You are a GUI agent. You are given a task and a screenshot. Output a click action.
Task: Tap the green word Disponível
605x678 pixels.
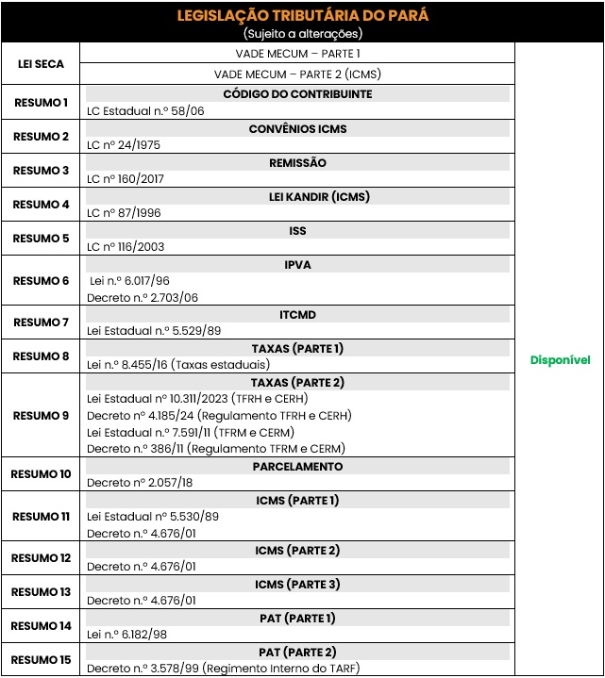[560, 360]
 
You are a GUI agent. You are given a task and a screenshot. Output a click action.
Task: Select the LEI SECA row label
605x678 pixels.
[41, 64]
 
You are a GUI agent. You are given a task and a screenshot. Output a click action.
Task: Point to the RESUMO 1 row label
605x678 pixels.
[41, 102]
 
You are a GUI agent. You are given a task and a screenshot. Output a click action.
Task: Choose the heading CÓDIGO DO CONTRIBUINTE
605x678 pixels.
[297, 94]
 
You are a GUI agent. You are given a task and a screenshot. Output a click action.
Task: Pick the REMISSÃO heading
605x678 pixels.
[297, 162]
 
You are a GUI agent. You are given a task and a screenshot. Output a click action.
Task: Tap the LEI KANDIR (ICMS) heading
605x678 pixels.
[297, 196]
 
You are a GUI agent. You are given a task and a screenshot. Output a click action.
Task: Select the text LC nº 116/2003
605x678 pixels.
[126, 246]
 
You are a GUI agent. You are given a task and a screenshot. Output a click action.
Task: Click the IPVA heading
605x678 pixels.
[297, 265]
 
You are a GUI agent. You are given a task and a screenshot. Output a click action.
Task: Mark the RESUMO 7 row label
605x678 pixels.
[41, 322]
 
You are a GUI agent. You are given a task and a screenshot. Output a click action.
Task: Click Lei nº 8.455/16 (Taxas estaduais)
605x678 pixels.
[178, 364]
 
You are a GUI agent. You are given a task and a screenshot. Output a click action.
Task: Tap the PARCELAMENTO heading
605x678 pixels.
[297, 466]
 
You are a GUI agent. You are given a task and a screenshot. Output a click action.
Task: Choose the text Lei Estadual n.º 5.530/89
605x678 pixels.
[153, 516]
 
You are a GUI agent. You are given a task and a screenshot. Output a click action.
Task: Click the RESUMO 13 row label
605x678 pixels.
[41, 592]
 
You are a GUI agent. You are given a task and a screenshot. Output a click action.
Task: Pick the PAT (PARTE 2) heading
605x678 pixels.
[297, 652]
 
